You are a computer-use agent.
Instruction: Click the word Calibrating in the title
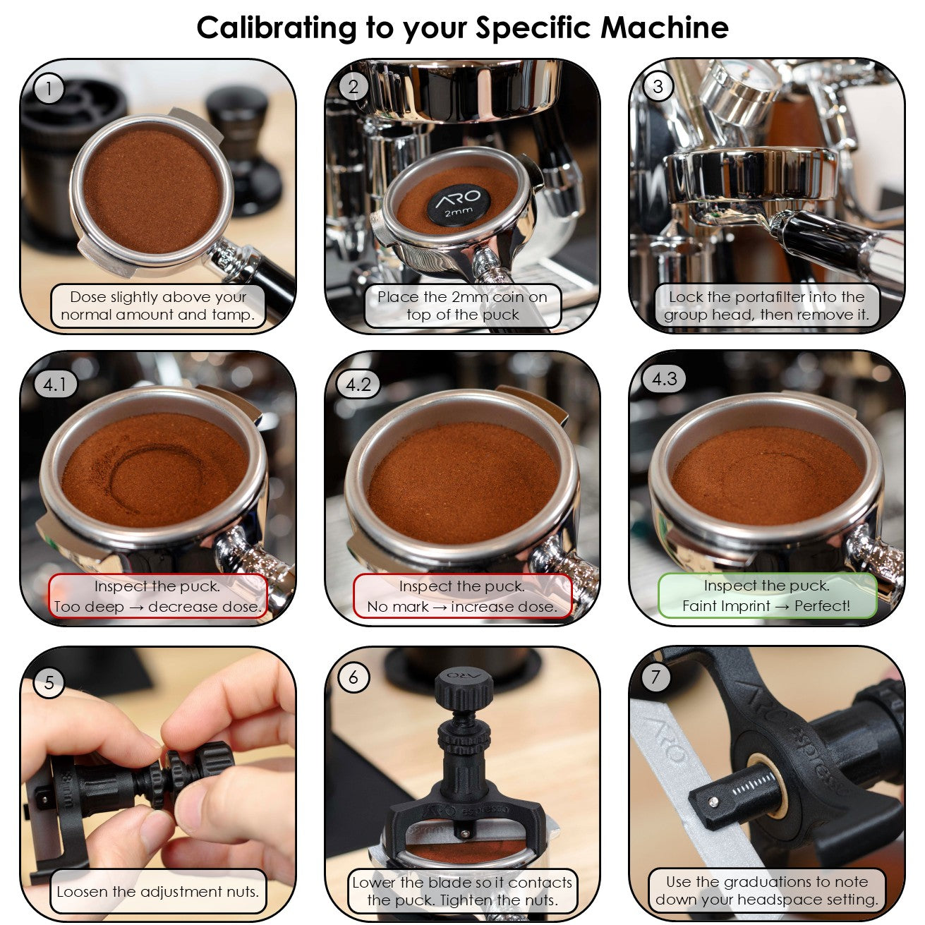pos(277,28)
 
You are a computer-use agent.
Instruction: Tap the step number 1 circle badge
pos(49,89)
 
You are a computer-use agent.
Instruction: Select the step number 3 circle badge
pos(658,87)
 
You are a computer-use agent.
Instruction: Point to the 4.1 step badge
pos(54,385)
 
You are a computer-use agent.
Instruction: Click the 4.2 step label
pos(358,385)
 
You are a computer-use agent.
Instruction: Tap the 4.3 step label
pos(664,380)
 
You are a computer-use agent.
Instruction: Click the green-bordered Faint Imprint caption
pos(766,596)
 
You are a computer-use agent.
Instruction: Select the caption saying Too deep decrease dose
pos(157,597)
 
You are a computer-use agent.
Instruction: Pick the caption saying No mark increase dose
pos(462,597)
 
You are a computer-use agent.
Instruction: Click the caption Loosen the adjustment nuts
pos(157,892)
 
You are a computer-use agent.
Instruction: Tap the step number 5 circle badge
pos(49,682)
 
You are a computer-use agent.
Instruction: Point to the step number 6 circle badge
pos(353,678)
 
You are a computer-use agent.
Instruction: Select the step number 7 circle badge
pos(656,677)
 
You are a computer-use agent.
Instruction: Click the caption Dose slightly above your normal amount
pos(157,306)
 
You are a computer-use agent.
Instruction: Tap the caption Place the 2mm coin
pos(462,306)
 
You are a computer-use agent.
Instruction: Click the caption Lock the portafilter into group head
pos(766,306)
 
